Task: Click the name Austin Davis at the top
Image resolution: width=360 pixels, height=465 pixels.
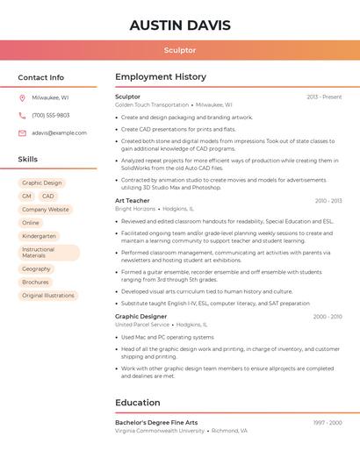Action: [x=180, y=25]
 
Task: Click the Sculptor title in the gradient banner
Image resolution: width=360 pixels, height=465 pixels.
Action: [x=180, y=50]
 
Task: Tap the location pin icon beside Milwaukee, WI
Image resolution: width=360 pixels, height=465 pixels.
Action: [x=22, y=98]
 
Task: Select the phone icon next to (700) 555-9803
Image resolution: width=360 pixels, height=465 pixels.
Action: [x=22, y=116]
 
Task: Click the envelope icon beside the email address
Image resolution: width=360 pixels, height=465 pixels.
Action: [x=22, y=133]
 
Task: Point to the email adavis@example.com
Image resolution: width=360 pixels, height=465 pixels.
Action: [x=59, y=133]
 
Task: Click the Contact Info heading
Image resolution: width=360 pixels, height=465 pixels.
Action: [x=41, y=78]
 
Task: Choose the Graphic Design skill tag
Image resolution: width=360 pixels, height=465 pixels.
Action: [x=42, y=183]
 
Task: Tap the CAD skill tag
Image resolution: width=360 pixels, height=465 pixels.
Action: [x=48, y=197]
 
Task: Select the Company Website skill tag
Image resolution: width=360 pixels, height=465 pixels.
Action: [x=46, y=210]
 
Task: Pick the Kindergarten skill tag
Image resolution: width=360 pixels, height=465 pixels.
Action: [x=40, y=236]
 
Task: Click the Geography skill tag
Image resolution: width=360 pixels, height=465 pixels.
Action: [x=37, y=269]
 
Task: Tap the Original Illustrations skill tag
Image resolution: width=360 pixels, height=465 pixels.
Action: [x=48, y=296]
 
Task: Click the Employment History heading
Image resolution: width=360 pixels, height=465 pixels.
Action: [x=161, y=77]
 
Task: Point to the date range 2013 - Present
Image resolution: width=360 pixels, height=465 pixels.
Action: [x=324, y=97]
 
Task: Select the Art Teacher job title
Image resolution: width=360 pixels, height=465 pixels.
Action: [x=133, y=201]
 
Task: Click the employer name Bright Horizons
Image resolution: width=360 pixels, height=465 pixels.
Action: [x=135, y=210]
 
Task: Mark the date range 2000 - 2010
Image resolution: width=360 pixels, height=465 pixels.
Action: [x=327, y=317]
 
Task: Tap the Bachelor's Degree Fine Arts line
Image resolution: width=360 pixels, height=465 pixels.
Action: [x=156, y=423]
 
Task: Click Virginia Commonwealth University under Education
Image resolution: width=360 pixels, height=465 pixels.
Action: [x=160, y=432]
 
